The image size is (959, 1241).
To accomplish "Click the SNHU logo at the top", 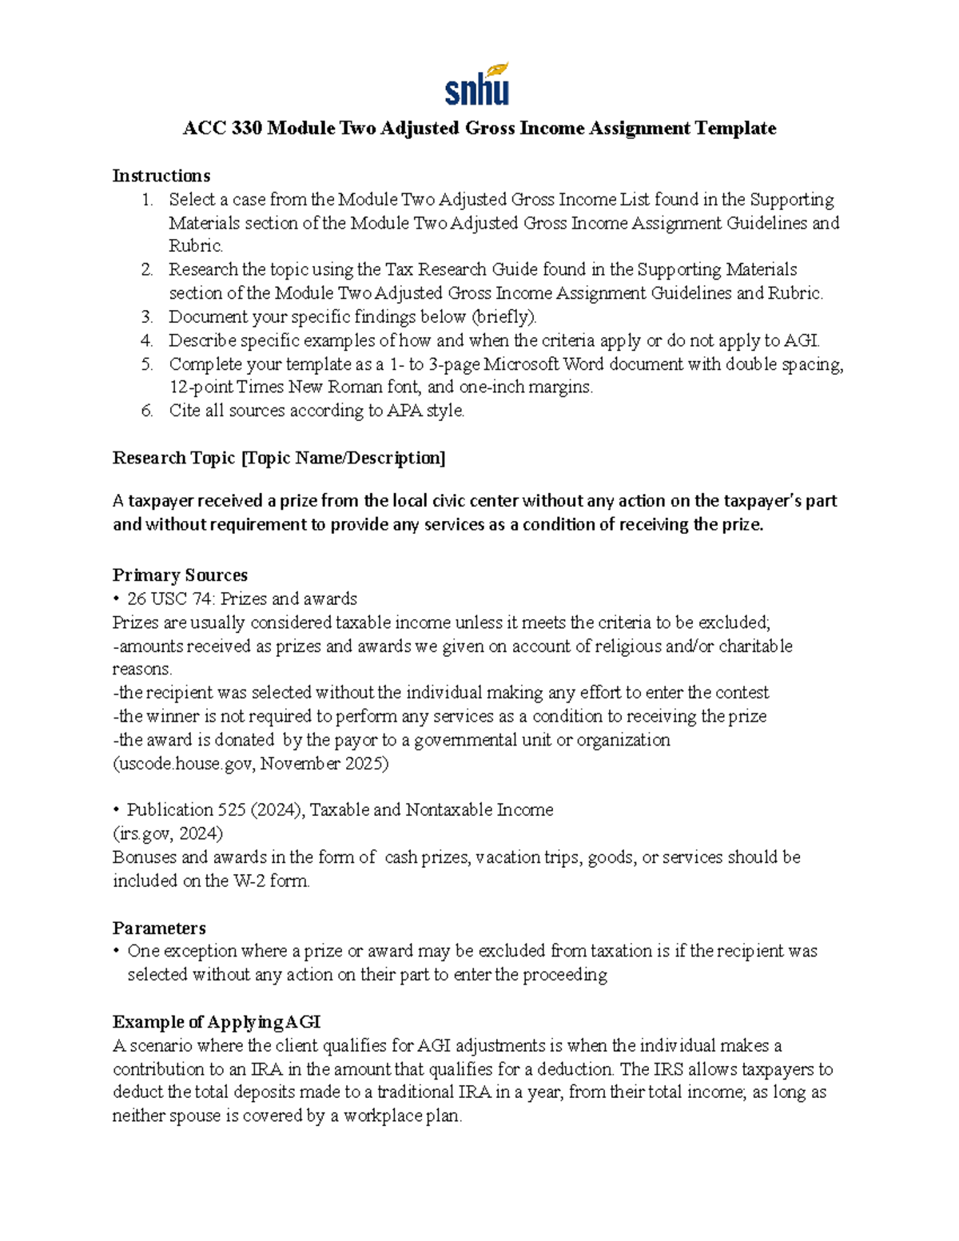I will [477, 84].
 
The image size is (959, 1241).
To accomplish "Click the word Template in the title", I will [734, 128].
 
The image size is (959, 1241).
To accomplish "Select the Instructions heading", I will [161, 176].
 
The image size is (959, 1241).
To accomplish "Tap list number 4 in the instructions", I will [146, 340].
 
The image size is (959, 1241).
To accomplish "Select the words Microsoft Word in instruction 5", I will [543, 364].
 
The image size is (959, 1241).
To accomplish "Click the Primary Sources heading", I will [180, 575].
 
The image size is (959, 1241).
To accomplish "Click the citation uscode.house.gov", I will [185, 763].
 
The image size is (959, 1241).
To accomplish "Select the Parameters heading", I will [159, 928].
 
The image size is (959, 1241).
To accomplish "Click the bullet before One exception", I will [117, 951].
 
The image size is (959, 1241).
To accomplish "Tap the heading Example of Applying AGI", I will [217, 1022].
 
